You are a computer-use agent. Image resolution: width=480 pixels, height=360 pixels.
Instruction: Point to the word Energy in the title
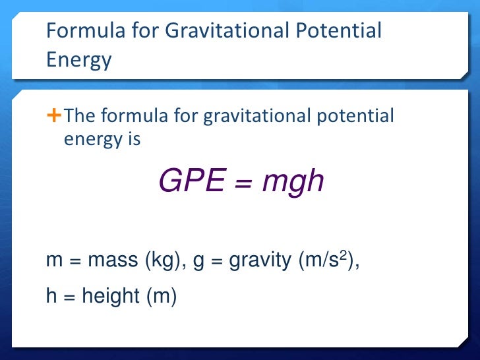(79, 60)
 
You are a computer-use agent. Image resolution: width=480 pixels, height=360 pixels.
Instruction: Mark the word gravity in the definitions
(259, 262)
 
